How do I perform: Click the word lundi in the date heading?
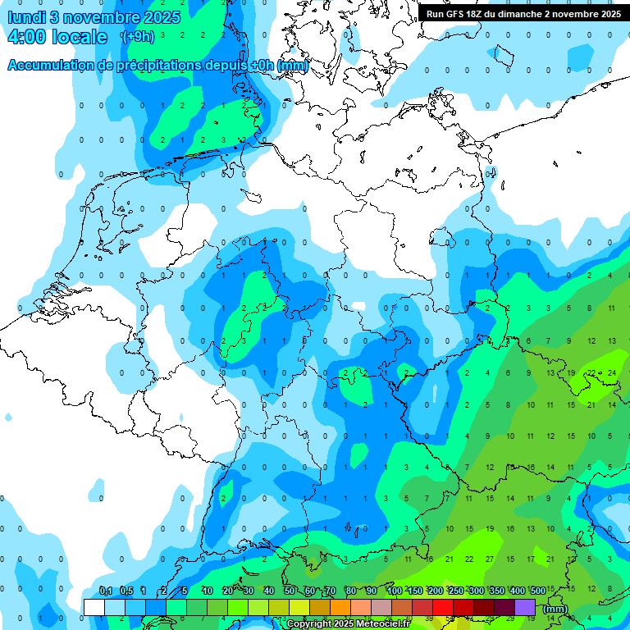coord(27,17)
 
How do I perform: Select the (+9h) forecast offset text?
coord(137,37)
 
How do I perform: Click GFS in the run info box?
coord(459,14)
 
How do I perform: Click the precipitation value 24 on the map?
coord(611,372)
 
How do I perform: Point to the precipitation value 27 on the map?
coord(490,559)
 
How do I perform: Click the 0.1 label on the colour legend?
coord(106,591)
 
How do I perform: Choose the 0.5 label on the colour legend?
coord(126,591)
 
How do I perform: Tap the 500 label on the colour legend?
coord(537,591)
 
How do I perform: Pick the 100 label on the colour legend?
coord(395,591)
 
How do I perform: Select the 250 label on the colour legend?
coord(455,591)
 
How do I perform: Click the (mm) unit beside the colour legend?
coord(555,608)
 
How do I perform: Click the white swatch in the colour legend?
coord(94,607)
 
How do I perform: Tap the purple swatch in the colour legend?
coord(525,607)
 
